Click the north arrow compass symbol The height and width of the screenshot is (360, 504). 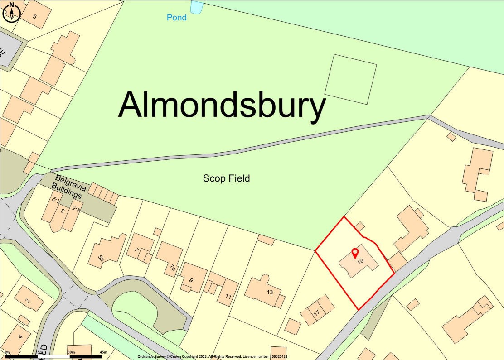click(12, 12)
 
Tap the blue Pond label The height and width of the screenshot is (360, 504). click(176, 18)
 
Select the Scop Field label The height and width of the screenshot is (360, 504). click(226, 178)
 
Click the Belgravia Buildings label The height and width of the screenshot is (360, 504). click(68, 185)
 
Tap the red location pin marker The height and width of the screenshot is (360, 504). click(355, 253)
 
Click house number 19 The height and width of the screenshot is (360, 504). click(360, 261)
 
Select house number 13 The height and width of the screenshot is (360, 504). click(270, 292)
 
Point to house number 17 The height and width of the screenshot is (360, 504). click(316, 312)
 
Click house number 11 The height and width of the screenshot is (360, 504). click(228, 297)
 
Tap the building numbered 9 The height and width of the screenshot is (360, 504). click(191, 280)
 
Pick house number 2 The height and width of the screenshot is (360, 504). click(28, 301)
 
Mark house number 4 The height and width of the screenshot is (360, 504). click(20, 337)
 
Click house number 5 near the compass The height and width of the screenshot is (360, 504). click(35, 16)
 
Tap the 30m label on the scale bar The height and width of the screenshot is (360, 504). click(71, 352)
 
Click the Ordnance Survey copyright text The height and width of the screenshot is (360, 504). click(212, 357)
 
